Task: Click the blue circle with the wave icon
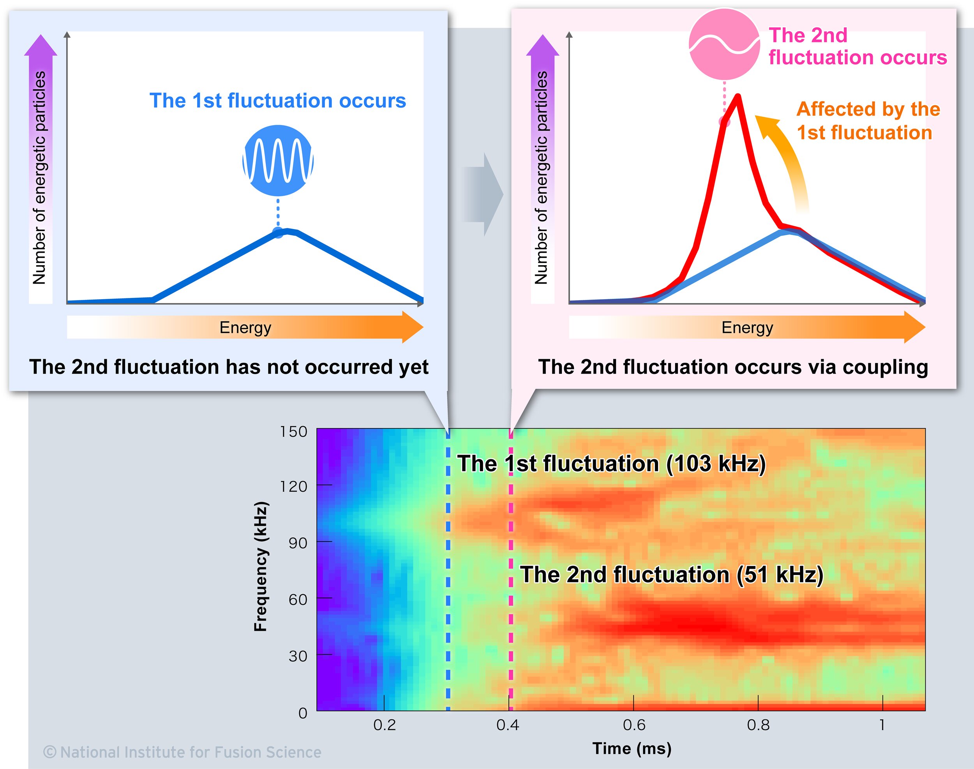point(278,161)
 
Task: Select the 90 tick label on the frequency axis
point(298,543)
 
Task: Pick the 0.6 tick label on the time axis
point(634,725)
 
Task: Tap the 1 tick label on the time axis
point(882,725)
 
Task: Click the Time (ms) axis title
point(632,748)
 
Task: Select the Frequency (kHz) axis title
point(261,566)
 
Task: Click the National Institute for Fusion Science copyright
point(182,752)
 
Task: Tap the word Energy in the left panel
point(245,327)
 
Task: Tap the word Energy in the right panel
point(748,327)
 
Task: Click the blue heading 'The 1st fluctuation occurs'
point(277,101)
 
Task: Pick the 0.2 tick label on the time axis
point(385,725)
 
